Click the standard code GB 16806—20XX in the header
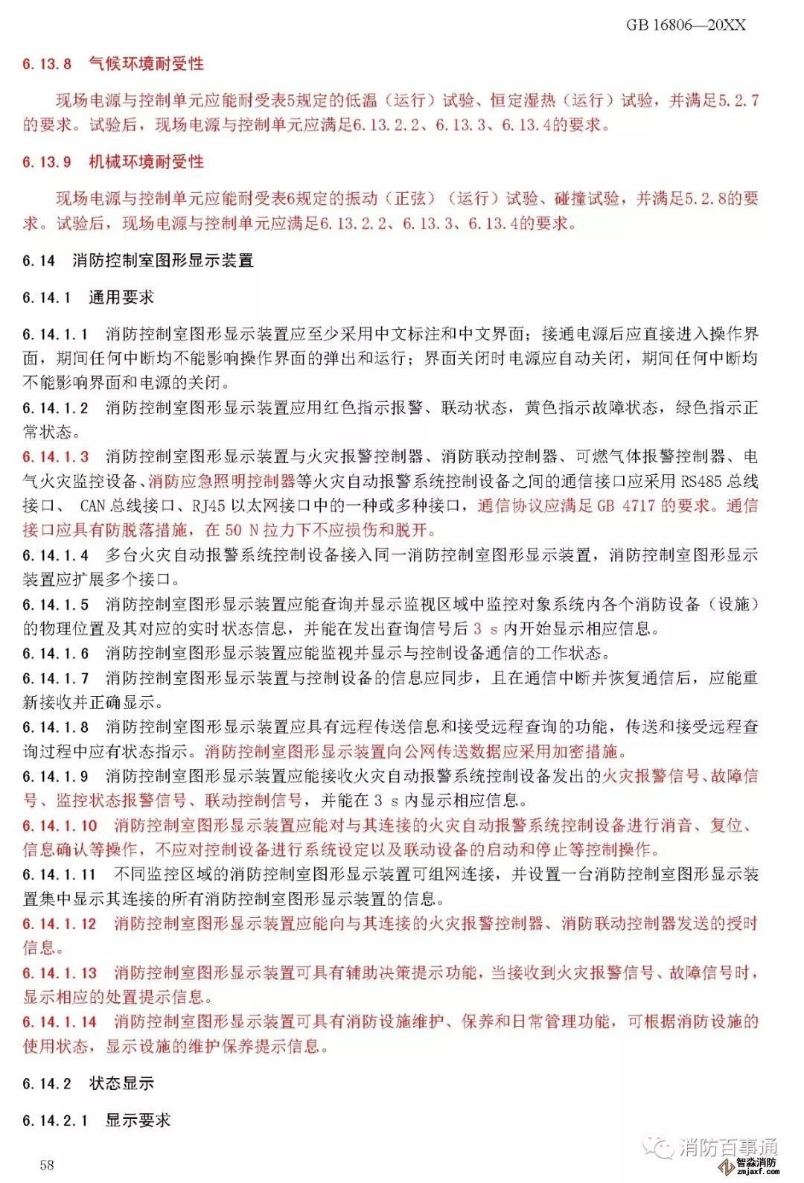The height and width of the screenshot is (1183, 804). click(685, 25)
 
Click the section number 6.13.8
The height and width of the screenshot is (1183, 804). click(47, 64)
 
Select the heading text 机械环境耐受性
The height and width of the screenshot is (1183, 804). click(146, 162)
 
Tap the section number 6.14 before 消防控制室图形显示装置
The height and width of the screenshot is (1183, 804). click(39, 261)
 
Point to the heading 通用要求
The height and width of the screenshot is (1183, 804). click(121, 298)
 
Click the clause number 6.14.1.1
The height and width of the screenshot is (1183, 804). click(55, 334)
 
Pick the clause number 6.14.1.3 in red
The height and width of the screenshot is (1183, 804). click(55, 457)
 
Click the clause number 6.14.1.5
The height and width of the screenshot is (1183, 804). click(55, 605)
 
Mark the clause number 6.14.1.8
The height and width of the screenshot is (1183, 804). click(55, 727)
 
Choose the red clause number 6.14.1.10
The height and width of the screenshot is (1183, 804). click(60, 826)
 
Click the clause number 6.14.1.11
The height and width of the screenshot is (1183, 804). click(60, 875)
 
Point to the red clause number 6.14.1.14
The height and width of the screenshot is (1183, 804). click(60, 1022)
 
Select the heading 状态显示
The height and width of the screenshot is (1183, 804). click(121, 1084)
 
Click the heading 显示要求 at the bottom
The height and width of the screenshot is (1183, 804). click(138, 1120)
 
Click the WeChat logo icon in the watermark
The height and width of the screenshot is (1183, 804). click(658, 1147)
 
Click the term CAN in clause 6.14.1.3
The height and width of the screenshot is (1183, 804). click(92, 506)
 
